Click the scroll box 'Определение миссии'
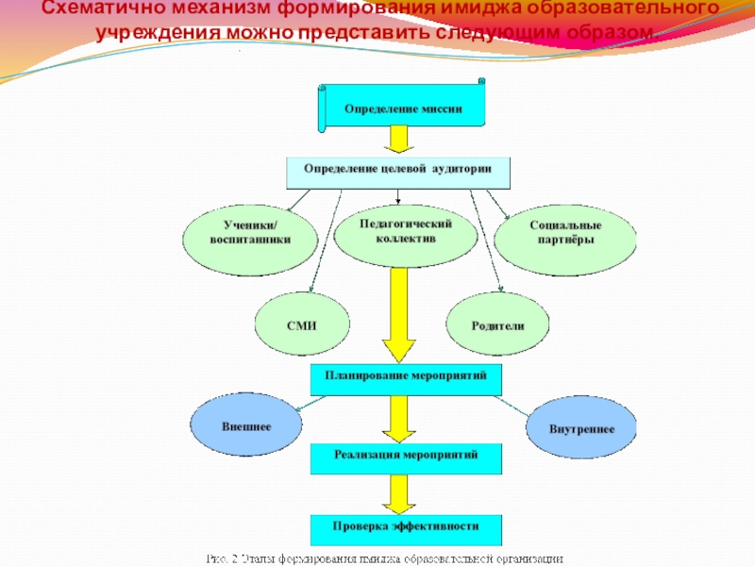[403, 108]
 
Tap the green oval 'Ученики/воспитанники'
[250, 234]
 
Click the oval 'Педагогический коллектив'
[407, 231]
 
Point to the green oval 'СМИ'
[301, 325]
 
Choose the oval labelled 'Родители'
[497, 325]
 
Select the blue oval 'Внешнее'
[246, 426]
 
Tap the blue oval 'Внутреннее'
[581, 429]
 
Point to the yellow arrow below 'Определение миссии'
[398, 141]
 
